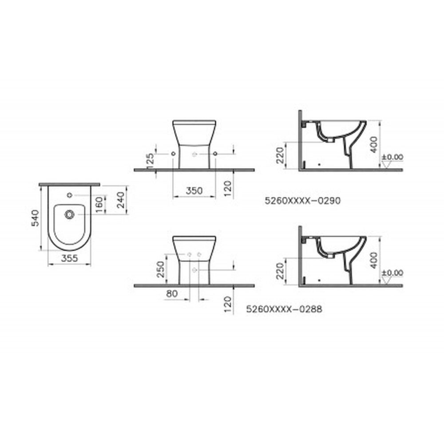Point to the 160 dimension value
click(x=99, y=204)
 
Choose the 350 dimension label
click(x=194, y=190)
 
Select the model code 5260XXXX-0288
click(x=284, y=310)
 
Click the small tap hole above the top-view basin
click(x=69, y=194)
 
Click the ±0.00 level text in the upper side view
click(x=392, y=157)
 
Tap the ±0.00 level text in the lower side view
click(x=392, y=272)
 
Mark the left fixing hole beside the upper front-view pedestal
click(x=172, y=153)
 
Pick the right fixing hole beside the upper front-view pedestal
click(x=215, y=153)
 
